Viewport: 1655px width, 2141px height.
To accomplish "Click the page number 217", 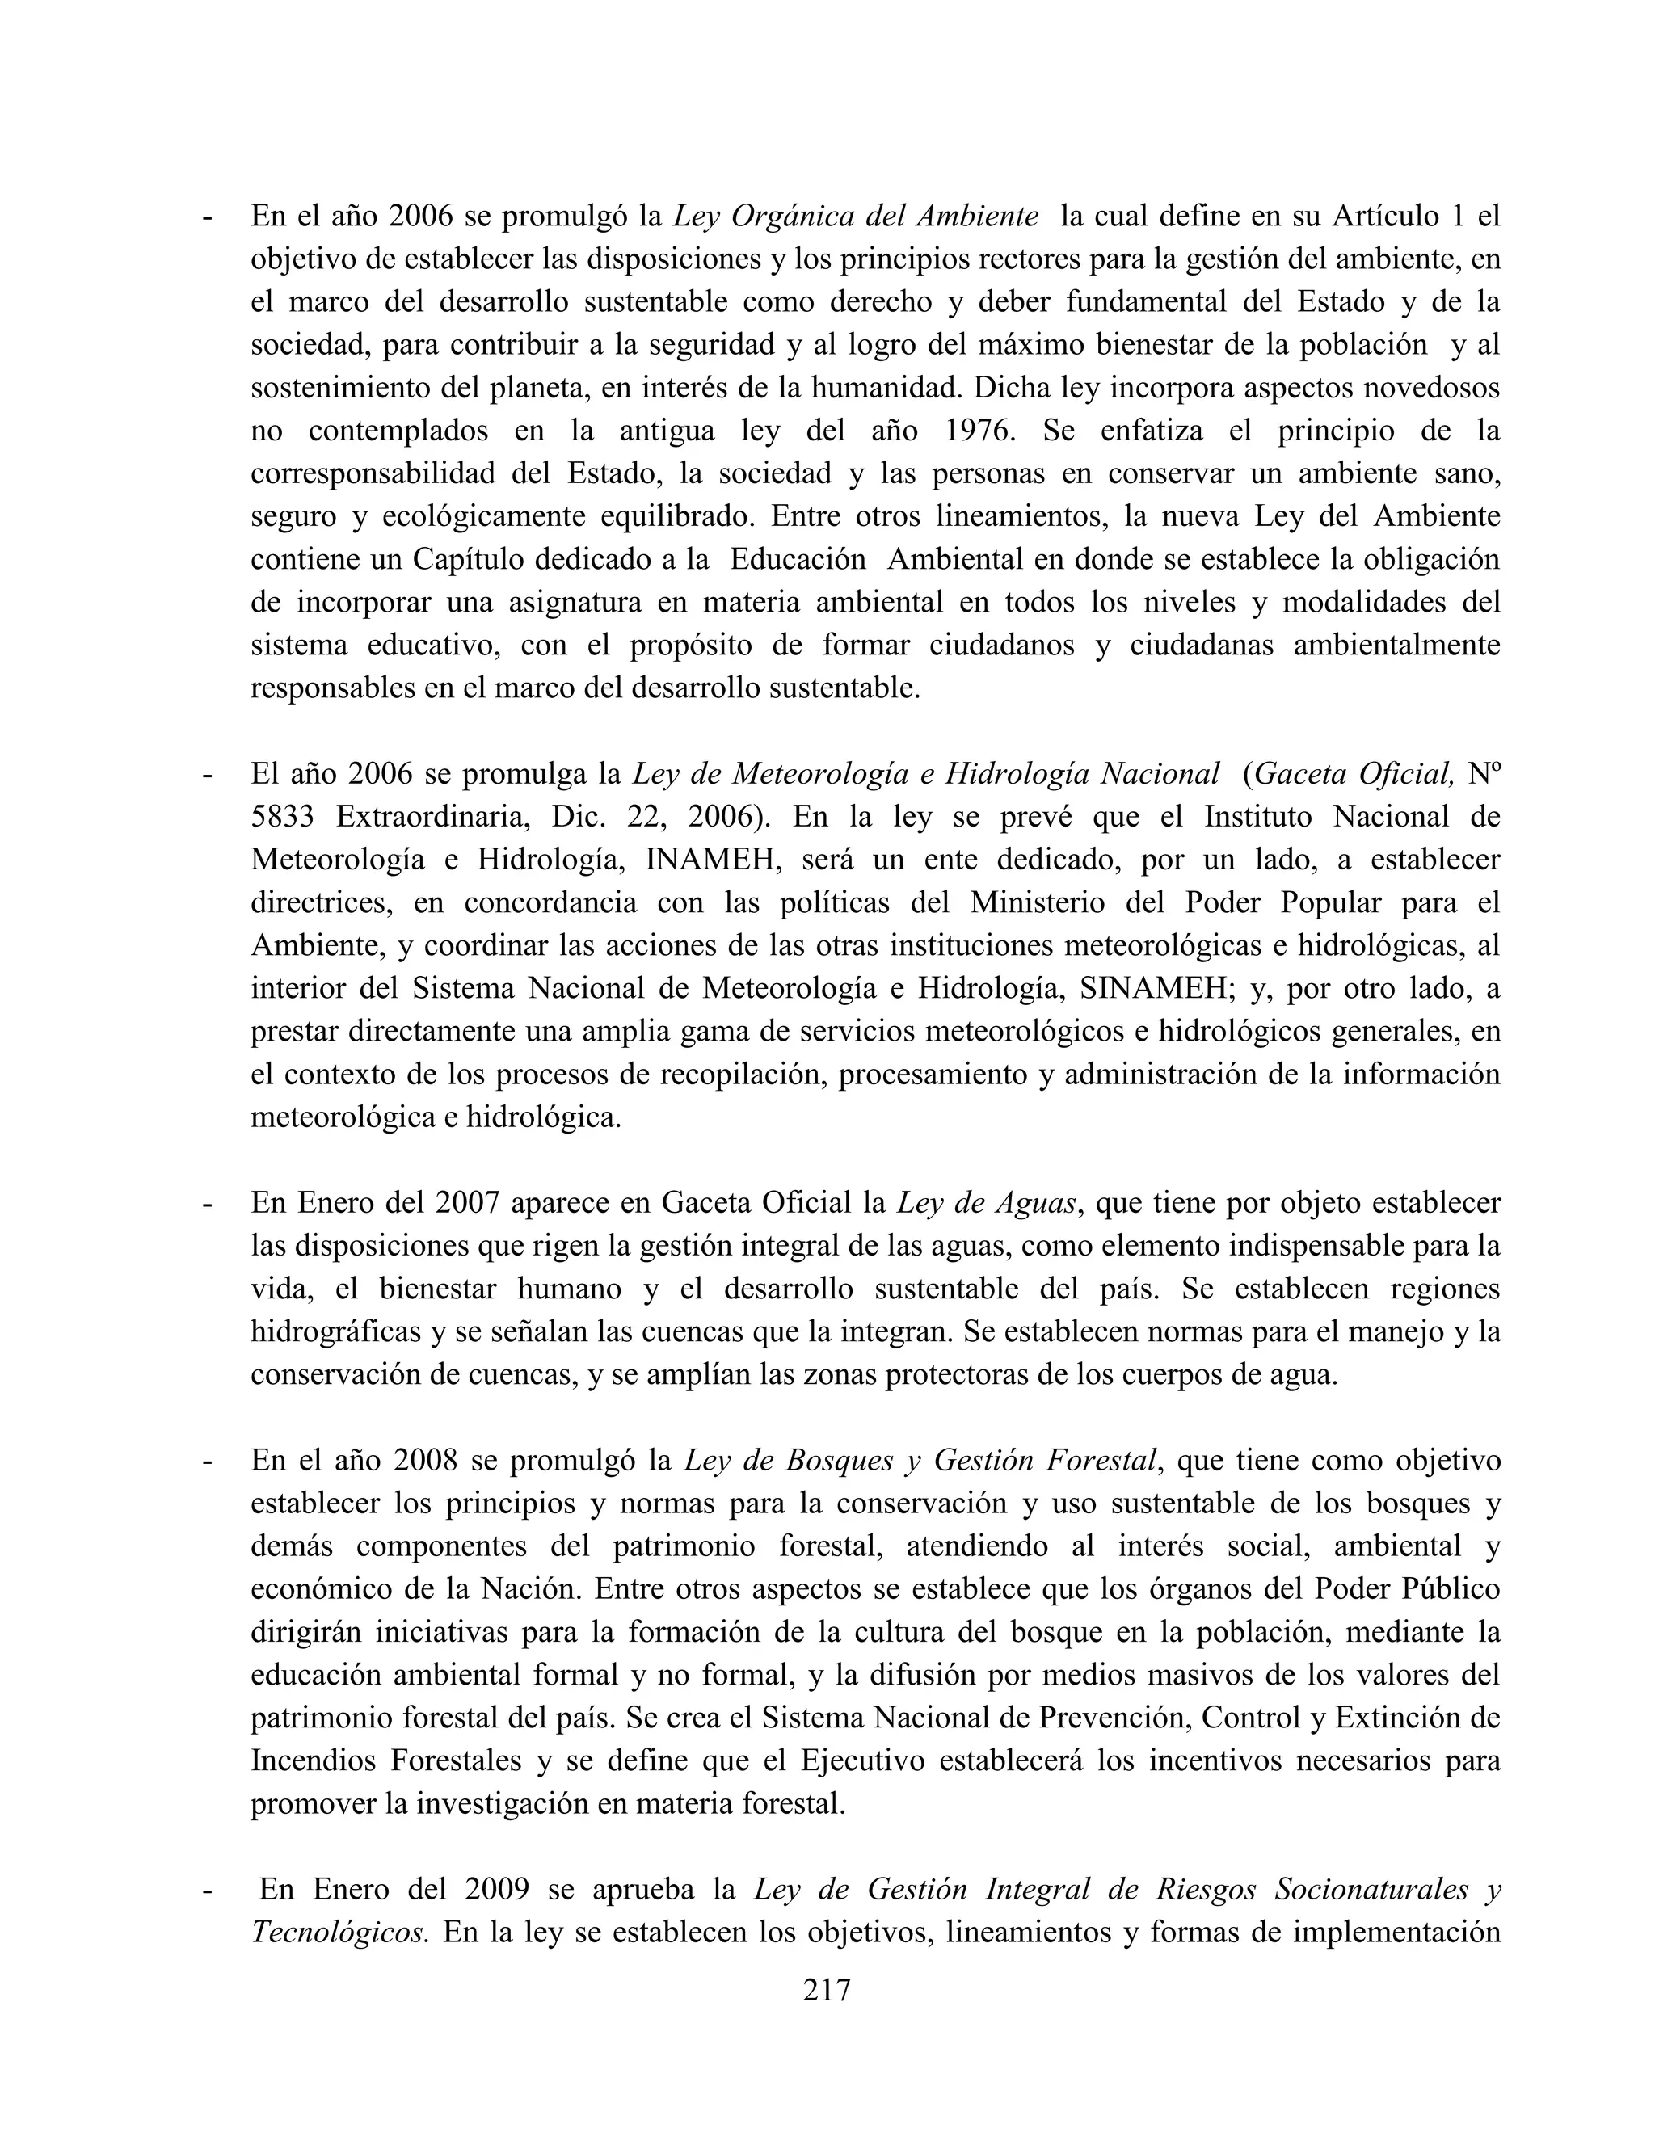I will tap(827, 1990).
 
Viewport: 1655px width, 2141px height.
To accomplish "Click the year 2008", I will tap(426, 1461).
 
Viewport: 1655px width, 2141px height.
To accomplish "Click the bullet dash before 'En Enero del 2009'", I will tap(206, 1890).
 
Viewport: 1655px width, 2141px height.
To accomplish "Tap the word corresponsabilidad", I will tap(372, 473).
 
